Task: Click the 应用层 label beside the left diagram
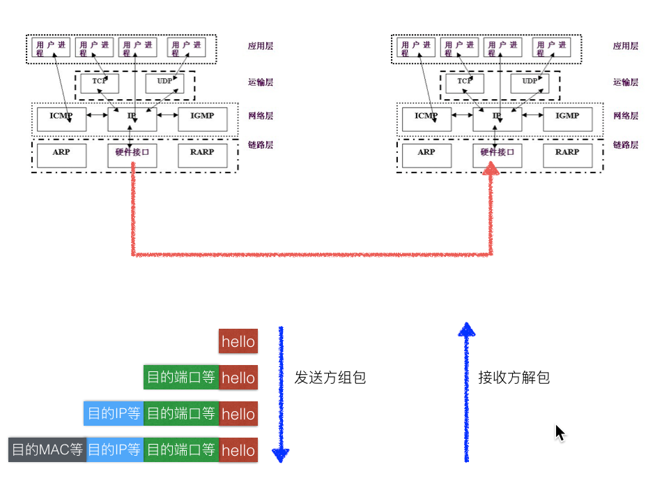coord(260,46)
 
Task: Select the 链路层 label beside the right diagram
coord(625,145)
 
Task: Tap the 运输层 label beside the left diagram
coord(260,82)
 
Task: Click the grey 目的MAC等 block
coord(47,450)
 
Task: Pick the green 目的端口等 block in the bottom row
coord(181,450)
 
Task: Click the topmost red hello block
coord(238,342)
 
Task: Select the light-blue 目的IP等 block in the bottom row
coord(115,450)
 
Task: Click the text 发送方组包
coord(330,378)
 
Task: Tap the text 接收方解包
coord(514,378)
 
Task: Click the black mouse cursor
coord(560,432)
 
